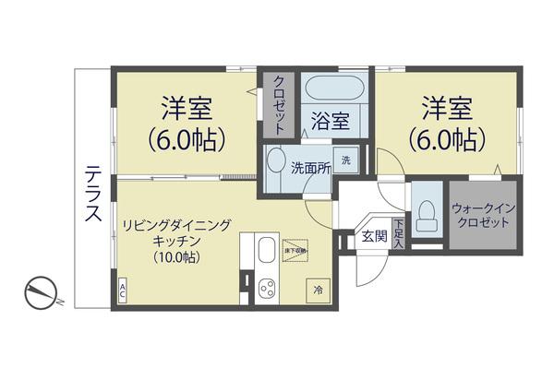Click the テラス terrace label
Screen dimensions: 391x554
click(93, 195)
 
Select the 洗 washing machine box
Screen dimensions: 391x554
click(346, 160)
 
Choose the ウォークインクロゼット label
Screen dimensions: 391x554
click(482, 216)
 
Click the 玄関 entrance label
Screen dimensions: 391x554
click(374, 235)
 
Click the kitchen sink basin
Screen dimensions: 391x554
click(266, 250)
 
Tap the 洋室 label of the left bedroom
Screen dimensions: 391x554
click(187, 108)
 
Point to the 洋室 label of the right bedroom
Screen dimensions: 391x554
click(446, 108)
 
